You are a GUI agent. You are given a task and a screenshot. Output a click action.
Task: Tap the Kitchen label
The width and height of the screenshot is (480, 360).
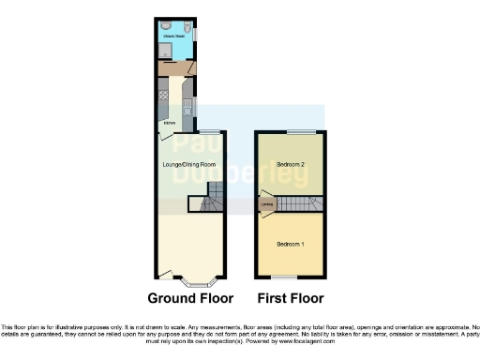169,123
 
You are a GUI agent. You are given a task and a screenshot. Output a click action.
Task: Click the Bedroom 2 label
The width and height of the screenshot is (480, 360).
290,165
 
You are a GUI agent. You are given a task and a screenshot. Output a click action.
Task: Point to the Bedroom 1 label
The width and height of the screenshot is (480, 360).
290,245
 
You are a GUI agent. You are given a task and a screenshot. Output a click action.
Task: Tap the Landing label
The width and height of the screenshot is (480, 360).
267,206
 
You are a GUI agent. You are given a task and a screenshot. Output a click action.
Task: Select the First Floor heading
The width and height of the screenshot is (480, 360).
290,299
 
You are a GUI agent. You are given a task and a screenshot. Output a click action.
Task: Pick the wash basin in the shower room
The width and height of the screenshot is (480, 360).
167,26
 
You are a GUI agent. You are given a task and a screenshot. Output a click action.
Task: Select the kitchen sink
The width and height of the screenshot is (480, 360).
187,105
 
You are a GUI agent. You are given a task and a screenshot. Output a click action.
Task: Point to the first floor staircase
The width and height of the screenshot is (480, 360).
298,203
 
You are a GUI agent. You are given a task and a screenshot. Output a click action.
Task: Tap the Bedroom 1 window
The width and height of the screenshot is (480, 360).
291,277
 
